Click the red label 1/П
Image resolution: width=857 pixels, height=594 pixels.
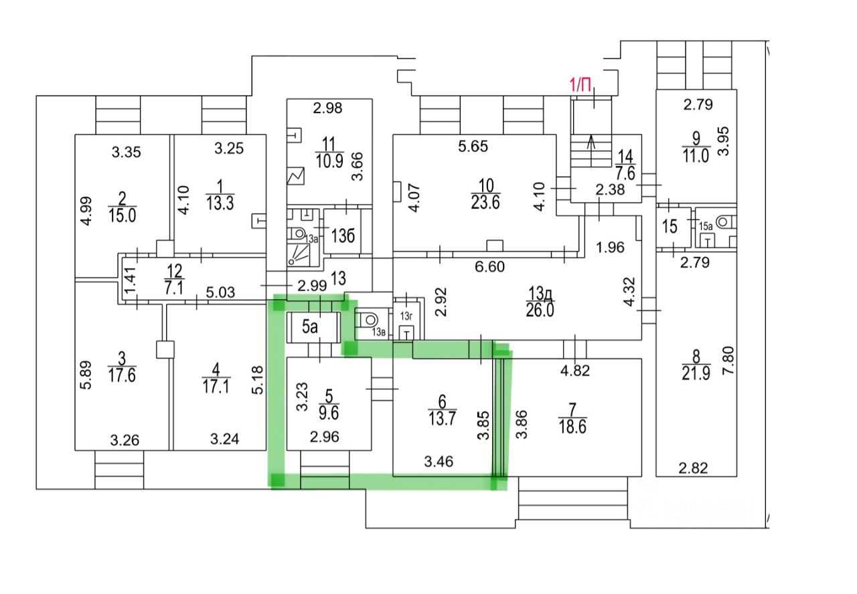tap(580, 84)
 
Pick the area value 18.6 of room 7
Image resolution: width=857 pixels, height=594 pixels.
tap(572, 427)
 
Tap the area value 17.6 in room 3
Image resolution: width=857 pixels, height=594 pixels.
tap(122, 375)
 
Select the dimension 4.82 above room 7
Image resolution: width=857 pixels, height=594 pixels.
tap(575, 370)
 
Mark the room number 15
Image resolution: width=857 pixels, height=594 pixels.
tap(670, 226)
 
